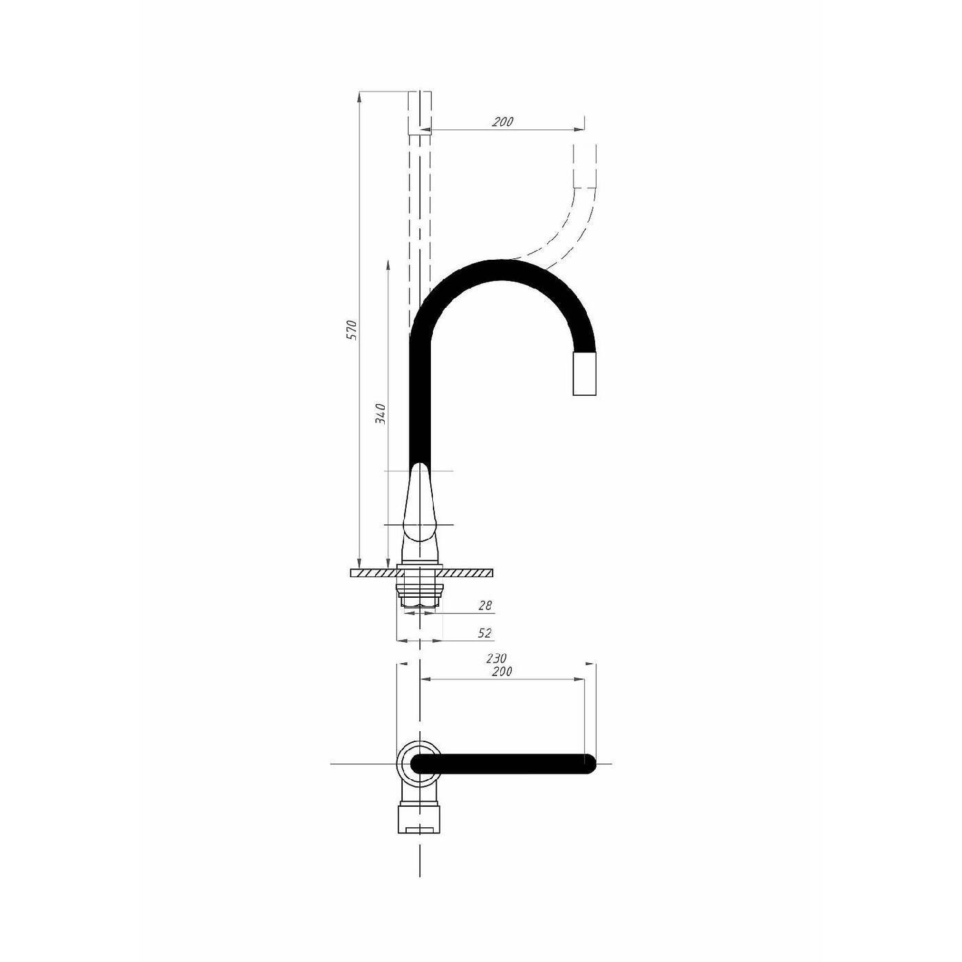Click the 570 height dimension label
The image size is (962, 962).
coord(353,330)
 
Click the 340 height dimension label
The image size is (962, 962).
coord(381,414)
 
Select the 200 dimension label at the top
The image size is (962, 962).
coord(502,122)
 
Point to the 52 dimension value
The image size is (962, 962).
coord(484,633)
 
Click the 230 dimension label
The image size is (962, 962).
coord(496,658)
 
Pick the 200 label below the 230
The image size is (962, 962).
coord(502,671)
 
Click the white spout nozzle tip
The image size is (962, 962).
coord(584,373)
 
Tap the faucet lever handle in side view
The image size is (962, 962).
coord(421,509)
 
